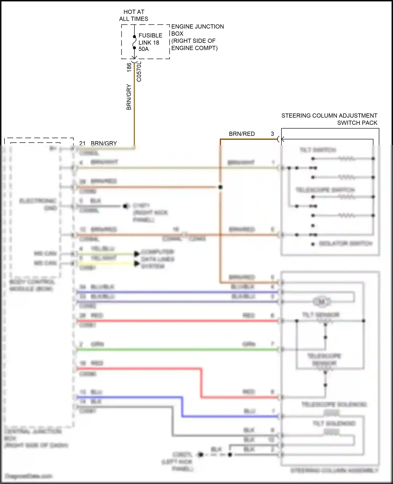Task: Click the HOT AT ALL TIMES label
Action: click(134, 15)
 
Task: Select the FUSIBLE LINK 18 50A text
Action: click(150, 42)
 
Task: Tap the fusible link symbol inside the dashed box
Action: click(134, 42)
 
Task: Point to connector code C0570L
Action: click(139, 72)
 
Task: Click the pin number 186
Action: click(129, 67)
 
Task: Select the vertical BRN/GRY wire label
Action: click(129, 97)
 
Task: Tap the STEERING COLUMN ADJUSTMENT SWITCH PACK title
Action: click(329, 119)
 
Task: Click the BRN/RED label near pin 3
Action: click(242, 134)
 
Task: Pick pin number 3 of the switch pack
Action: click(272, 134)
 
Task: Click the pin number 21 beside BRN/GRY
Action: click(82, 143)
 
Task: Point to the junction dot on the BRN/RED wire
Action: click(220, 187)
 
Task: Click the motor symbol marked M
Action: click(322, 302)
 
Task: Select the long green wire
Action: click(178, 349)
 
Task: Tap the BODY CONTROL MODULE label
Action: click(32, 285)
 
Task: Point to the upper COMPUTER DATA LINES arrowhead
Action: click(137, 254)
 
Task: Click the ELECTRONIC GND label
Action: click(38, 204)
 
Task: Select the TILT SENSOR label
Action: click(321, 314)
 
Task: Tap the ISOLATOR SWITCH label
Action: click(346, 244)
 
